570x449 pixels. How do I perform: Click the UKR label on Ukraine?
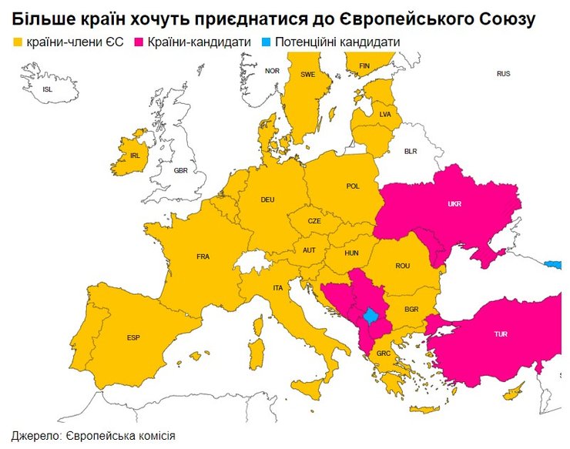(454, 206)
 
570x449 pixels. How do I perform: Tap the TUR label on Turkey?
(501, 335)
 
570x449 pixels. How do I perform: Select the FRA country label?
(203, 256)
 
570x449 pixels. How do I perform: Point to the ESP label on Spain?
(133, 338)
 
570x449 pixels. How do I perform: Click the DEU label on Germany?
(267, 200)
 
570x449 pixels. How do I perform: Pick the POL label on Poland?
(353, 186)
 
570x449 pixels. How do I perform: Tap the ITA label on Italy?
(278, 288)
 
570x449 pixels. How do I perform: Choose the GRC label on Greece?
(384, 354)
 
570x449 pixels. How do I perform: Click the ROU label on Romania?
(402, 266)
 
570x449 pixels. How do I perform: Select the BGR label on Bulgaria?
(411, 309)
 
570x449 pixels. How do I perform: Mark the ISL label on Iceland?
(48, 90)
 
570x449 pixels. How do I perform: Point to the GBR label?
(180, 170)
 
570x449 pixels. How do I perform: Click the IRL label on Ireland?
(136, 156)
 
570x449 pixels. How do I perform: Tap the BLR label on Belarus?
(410, 152)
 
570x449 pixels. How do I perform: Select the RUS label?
(503, 74)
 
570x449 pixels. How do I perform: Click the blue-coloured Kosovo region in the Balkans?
(370, 316)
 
